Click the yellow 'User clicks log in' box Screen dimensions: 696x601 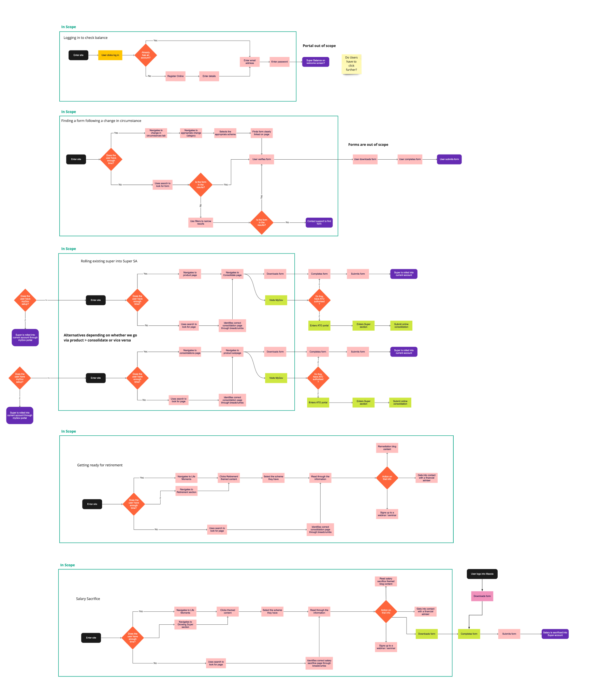[x=110, y=55]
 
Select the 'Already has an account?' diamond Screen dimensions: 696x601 [x=146, y=55]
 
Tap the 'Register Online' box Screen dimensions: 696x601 [x=175, y=76]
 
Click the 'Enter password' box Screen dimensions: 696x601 [x=279, y=62]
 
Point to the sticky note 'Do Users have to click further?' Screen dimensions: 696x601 [x=351, y=64]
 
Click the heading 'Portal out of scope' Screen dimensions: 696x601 [x=319, y=46]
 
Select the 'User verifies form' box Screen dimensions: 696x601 [x=262, y=159]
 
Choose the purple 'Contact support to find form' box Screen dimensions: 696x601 [x=319, y=222]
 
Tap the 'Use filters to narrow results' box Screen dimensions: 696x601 [x=201, y=222]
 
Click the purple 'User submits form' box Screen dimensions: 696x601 [x=449, y=159]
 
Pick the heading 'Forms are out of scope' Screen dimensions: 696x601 [x=368, y=145]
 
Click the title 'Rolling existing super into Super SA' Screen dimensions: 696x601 [x=109, y=261]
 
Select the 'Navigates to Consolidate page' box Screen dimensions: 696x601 [x=232, y=274]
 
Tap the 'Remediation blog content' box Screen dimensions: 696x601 [x=387, y=448]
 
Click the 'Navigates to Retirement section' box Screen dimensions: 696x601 [x=186, y=491]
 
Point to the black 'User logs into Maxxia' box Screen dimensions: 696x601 [x=482, y=574]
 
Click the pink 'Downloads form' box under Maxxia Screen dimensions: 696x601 [x=482, y=596]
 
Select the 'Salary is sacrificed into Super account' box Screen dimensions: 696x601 [x=555, y=634]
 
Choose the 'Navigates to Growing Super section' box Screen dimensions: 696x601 [x=185, y=624]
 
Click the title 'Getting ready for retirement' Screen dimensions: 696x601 [x=100, y=465]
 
